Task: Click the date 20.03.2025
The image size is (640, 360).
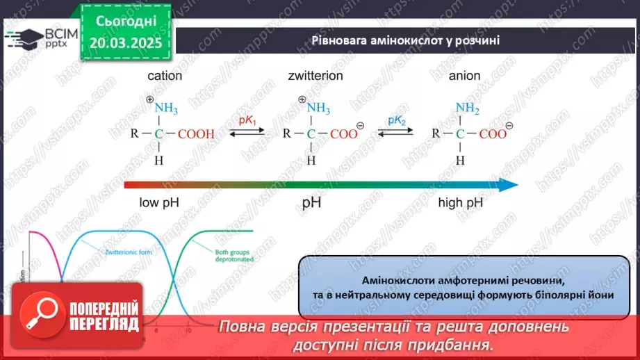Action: [126, 43]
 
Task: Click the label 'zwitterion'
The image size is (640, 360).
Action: [315, 76]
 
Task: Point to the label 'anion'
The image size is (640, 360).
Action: [465, 76]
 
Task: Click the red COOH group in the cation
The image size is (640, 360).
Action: [197, 135]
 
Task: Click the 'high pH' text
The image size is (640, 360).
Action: [460, 204]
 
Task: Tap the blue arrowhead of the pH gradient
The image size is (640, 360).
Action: [509, 184]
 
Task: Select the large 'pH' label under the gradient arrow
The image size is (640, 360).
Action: [313, 204]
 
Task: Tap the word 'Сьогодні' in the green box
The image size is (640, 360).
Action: [126, 22]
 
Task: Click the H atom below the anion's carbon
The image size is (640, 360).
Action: [460, 161]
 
